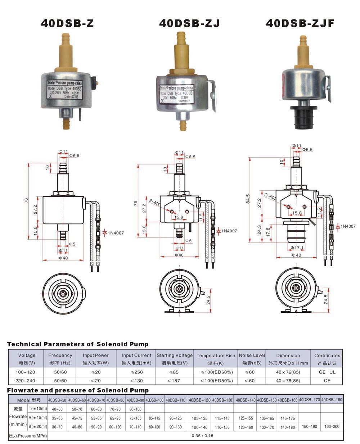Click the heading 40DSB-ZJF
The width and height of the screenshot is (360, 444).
click(300, 23)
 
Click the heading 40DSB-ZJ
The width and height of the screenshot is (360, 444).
click(189, 23)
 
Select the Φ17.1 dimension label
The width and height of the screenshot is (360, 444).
click(297, 248)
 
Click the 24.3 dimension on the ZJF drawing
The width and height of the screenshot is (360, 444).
click(260, 229)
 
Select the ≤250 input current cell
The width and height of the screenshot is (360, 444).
click(136, 372)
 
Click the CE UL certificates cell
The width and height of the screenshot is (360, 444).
click(327, 372)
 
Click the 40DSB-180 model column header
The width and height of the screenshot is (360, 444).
click(332, 400)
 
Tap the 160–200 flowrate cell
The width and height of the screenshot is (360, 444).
click(332, 427)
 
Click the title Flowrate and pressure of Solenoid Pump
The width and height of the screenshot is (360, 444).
click(78, 390)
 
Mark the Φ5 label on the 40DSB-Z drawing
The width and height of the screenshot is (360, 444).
click(72, 244)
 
